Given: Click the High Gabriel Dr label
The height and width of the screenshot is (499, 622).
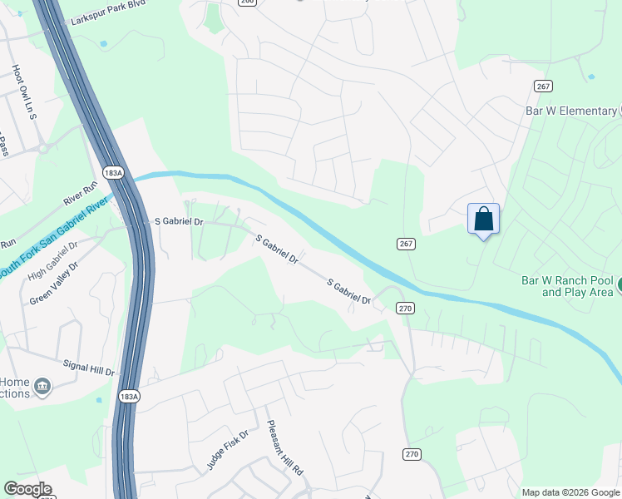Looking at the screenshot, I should pos(52,261).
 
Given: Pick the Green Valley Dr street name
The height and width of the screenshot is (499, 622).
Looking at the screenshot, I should pos(54,284).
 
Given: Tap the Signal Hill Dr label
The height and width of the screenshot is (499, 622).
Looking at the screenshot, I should pos(88,367).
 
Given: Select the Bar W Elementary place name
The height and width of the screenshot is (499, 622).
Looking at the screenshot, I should pos(570,111).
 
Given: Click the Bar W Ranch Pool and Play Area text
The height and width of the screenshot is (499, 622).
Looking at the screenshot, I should pos(566,287).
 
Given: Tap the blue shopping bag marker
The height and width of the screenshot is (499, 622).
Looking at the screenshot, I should pos(484,220).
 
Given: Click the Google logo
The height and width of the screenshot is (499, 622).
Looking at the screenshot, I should pos(27,489).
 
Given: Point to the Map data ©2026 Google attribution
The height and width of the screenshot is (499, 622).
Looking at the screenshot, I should pos(571,492).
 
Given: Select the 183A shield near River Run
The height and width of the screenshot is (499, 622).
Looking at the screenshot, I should pos(114,172).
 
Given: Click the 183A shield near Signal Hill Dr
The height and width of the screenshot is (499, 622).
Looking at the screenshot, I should pos(129,397).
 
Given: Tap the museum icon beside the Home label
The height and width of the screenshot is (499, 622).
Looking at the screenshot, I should pos(42,387).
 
